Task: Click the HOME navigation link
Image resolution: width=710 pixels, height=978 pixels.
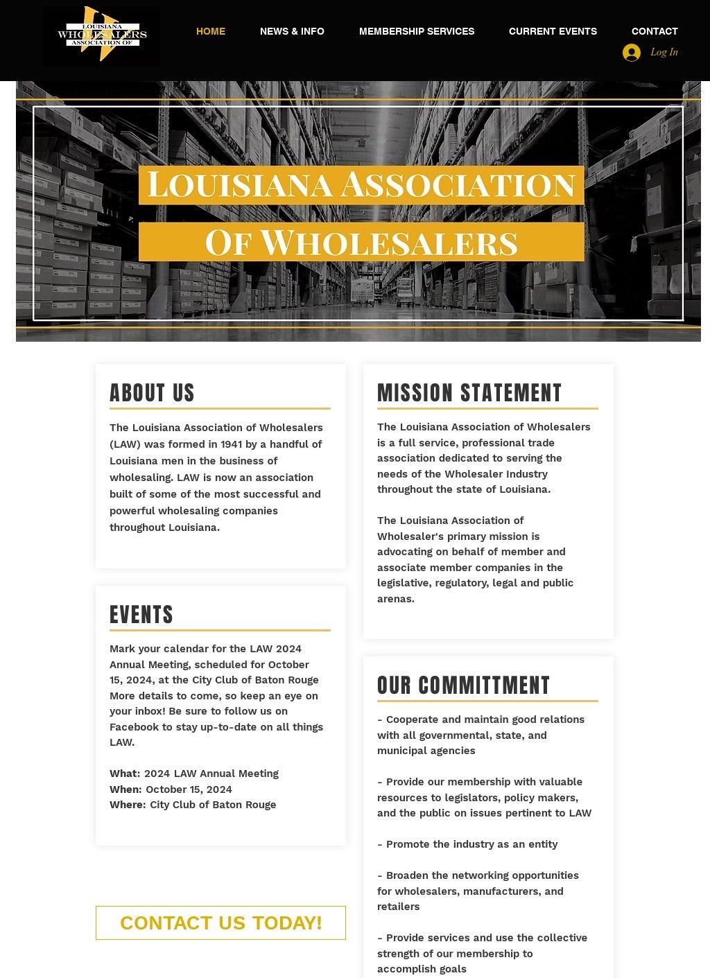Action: tap(211, 31)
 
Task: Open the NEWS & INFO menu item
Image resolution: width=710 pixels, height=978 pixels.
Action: tap(292, 31)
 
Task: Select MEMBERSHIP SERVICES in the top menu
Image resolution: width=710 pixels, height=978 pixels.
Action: tap(417, 31)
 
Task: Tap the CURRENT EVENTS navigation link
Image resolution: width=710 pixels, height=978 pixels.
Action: tap(553, 31)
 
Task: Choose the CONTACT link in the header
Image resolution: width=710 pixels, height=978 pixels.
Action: tap(655, 31)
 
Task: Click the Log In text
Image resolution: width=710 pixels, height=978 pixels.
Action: tap(664, 52)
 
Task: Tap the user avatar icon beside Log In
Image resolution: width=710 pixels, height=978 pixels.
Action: tap(632, 53)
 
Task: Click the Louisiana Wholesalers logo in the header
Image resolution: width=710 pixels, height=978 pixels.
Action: tap(101, 36)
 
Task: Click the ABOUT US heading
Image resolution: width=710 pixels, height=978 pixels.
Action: tap(152, 393)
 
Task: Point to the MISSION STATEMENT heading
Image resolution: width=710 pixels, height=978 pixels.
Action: tap(469, 393)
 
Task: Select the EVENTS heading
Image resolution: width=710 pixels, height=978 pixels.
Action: tap(141, 615)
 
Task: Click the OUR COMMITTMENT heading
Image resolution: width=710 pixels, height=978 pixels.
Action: tap(463, 686)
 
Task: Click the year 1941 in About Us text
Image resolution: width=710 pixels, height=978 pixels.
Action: tap(232, 444)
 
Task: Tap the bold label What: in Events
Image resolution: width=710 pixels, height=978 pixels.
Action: tap(125, 774)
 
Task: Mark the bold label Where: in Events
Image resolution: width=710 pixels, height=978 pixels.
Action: tap(128, 805)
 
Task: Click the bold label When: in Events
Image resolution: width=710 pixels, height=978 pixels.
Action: tap(125, 789)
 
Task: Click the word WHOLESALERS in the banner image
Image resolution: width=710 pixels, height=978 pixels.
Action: tap(388, 243)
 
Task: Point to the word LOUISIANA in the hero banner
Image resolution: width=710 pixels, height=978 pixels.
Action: tap(240, 185)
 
